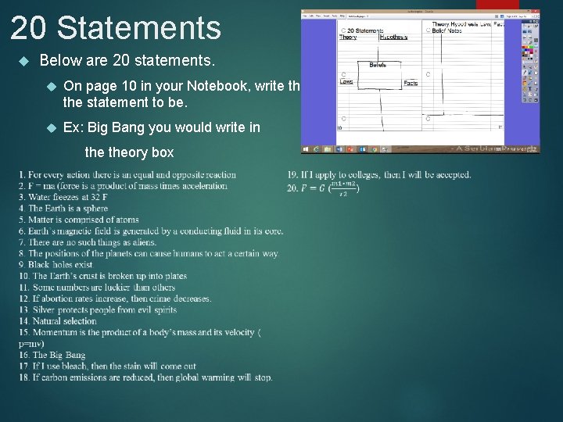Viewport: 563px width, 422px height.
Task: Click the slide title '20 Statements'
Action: (116, 28)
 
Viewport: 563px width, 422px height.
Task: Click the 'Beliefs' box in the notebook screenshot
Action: (378, 65)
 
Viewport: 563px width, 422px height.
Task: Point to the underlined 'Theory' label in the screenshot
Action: (348, 37)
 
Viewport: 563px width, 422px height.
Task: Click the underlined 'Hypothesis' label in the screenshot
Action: (393, 37)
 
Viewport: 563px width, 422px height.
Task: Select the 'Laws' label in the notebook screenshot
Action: (346, 81)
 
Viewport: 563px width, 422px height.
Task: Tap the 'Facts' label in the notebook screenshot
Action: (411, 83)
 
